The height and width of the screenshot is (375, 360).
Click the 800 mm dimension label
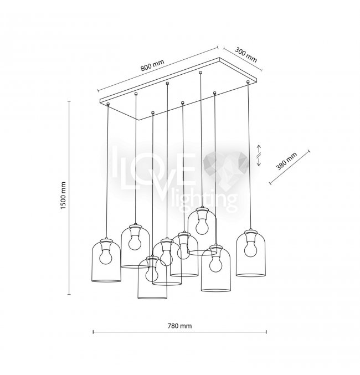[152, 65]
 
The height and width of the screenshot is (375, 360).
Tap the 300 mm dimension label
[246, 55]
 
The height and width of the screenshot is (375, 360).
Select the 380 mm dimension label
[286, 161]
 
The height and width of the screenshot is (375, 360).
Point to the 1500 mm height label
[63, 196]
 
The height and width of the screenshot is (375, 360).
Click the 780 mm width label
[179, 326]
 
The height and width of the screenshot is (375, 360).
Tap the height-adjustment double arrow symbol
[259, 155]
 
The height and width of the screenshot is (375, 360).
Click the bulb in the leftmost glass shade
[106, 256]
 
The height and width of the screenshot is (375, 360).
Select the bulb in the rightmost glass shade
[250, 248]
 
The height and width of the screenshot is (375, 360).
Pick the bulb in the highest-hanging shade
[202, 226]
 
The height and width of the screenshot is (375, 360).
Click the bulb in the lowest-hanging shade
[152, 274]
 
